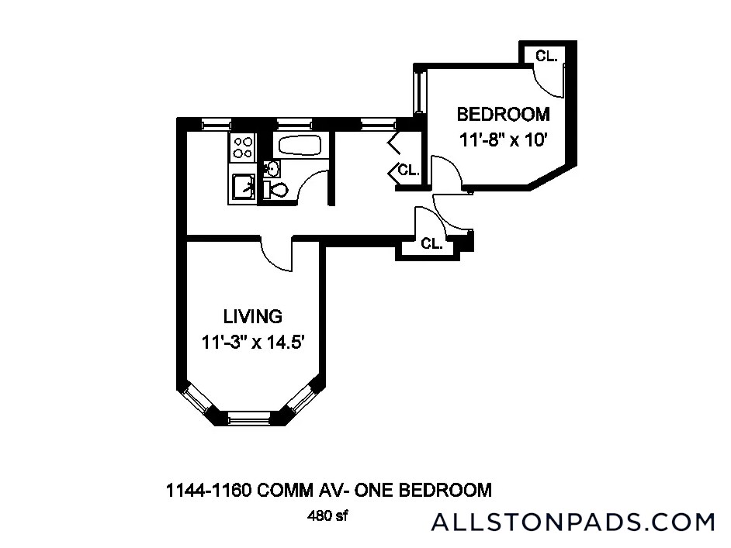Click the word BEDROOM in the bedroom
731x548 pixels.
pos(503,115)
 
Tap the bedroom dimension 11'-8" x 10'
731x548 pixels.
pos(503,140)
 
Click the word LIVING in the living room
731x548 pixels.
pos(252,316)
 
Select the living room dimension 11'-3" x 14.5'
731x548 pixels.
pos(258,342)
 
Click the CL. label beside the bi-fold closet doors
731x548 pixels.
pos(409,170)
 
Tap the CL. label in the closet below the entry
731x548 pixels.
pos(431,243)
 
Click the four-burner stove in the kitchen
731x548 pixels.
pos(243,147)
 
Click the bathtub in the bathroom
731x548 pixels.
pos(295,146)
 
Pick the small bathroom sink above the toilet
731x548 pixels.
pos(271,167)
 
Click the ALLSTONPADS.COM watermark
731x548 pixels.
pos(573,522)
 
